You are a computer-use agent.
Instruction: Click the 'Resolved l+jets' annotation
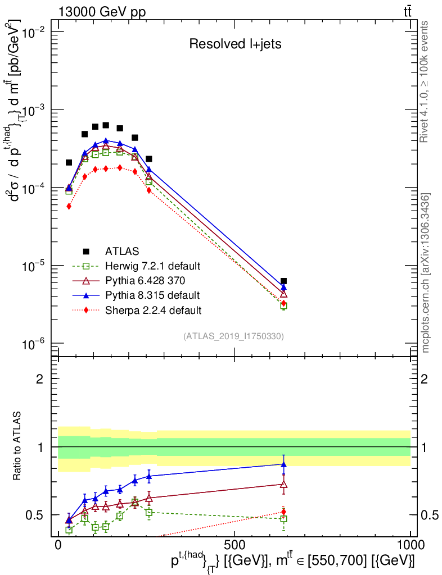[x=235, y=44]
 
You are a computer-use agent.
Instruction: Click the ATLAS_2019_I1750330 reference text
[x=233, y=336]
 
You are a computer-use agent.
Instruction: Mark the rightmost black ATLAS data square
[x=284, y=281]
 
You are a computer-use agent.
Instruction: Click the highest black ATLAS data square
[x=106, y=125]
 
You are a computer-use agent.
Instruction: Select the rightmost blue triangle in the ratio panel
[x=284, y=464]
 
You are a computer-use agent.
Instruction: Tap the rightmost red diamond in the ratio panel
[x=284, y=512]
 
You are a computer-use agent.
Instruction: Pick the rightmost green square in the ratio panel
[x=284, y=519]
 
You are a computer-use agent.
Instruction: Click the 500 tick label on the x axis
[x=234, y=545]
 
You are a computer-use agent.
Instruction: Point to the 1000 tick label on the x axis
[x=410, y=545]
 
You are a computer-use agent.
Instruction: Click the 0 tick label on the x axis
[x=58, y=545]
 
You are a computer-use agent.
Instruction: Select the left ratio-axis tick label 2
[x=39, y=379]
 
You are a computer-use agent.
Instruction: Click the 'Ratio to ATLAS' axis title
[x=19, y=448]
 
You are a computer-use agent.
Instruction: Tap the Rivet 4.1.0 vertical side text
[x=426, y=81]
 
